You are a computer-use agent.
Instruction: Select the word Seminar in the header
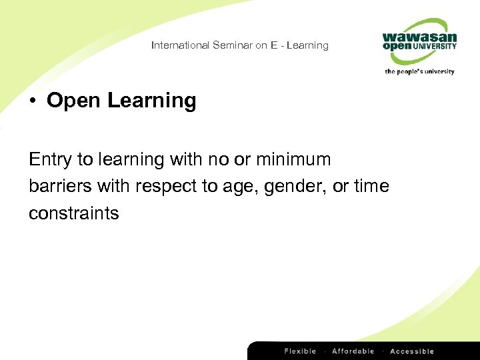point(231,45)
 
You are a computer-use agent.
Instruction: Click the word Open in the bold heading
point(74,101)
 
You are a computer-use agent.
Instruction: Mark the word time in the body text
point(371,186)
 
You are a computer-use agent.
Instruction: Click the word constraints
point(73,213)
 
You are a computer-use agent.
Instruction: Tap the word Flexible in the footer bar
point(300,351)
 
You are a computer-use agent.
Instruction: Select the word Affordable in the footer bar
point(353,351)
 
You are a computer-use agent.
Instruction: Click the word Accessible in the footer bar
point(412,351)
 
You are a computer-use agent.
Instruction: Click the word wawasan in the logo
point(419,37)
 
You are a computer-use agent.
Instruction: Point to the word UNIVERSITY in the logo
point(434,47)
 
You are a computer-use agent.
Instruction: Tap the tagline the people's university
point(419,71)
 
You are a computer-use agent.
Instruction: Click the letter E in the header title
point(273,45)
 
